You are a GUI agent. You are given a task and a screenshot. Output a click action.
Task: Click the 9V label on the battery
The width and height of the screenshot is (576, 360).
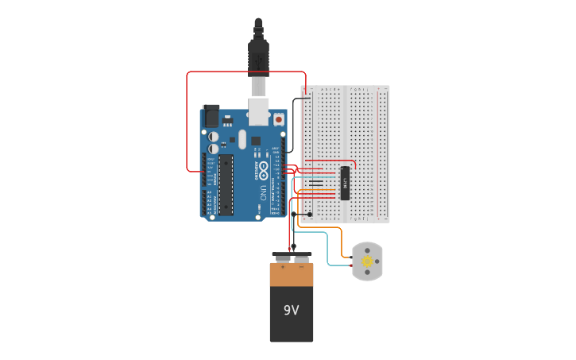tap(291, 310)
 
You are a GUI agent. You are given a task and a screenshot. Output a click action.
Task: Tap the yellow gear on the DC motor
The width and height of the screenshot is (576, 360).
tap(366, 261)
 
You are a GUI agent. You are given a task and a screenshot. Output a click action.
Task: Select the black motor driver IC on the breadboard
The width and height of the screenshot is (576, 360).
tap(345, 183)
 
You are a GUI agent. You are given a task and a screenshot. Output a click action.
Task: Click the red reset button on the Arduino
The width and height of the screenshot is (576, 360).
tap(279, 120)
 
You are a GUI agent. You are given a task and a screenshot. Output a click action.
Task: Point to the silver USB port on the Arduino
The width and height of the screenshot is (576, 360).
tap(259, 110)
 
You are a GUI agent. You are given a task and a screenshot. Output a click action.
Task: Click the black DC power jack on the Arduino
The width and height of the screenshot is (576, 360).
tap(211, 116)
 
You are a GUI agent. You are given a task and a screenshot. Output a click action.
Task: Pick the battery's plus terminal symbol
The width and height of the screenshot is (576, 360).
tap(282, 268)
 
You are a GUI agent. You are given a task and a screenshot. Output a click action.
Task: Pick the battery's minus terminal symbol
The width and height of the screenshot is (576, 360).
tap(301, 268)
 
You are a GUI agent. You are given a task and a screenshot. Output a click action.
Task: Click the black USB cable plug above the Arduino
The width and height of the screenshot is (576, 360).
tap(259, 56)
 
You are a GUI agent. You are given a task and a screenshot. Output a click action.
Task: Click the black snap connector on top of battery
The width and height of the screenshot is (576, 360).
tap(292, 257)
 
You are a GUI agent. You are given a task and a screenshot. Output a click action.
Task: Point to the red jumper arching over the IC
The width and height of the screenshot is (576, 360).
tap(334, 161)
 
